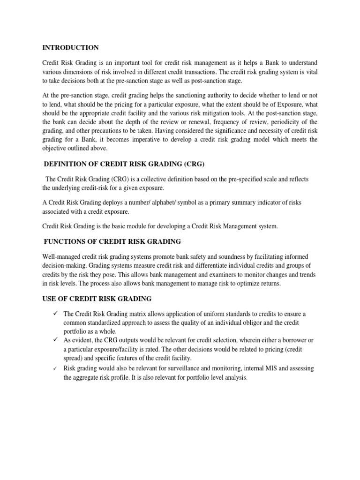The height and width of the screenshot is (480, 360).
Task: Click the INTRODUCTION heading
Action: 70,48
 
